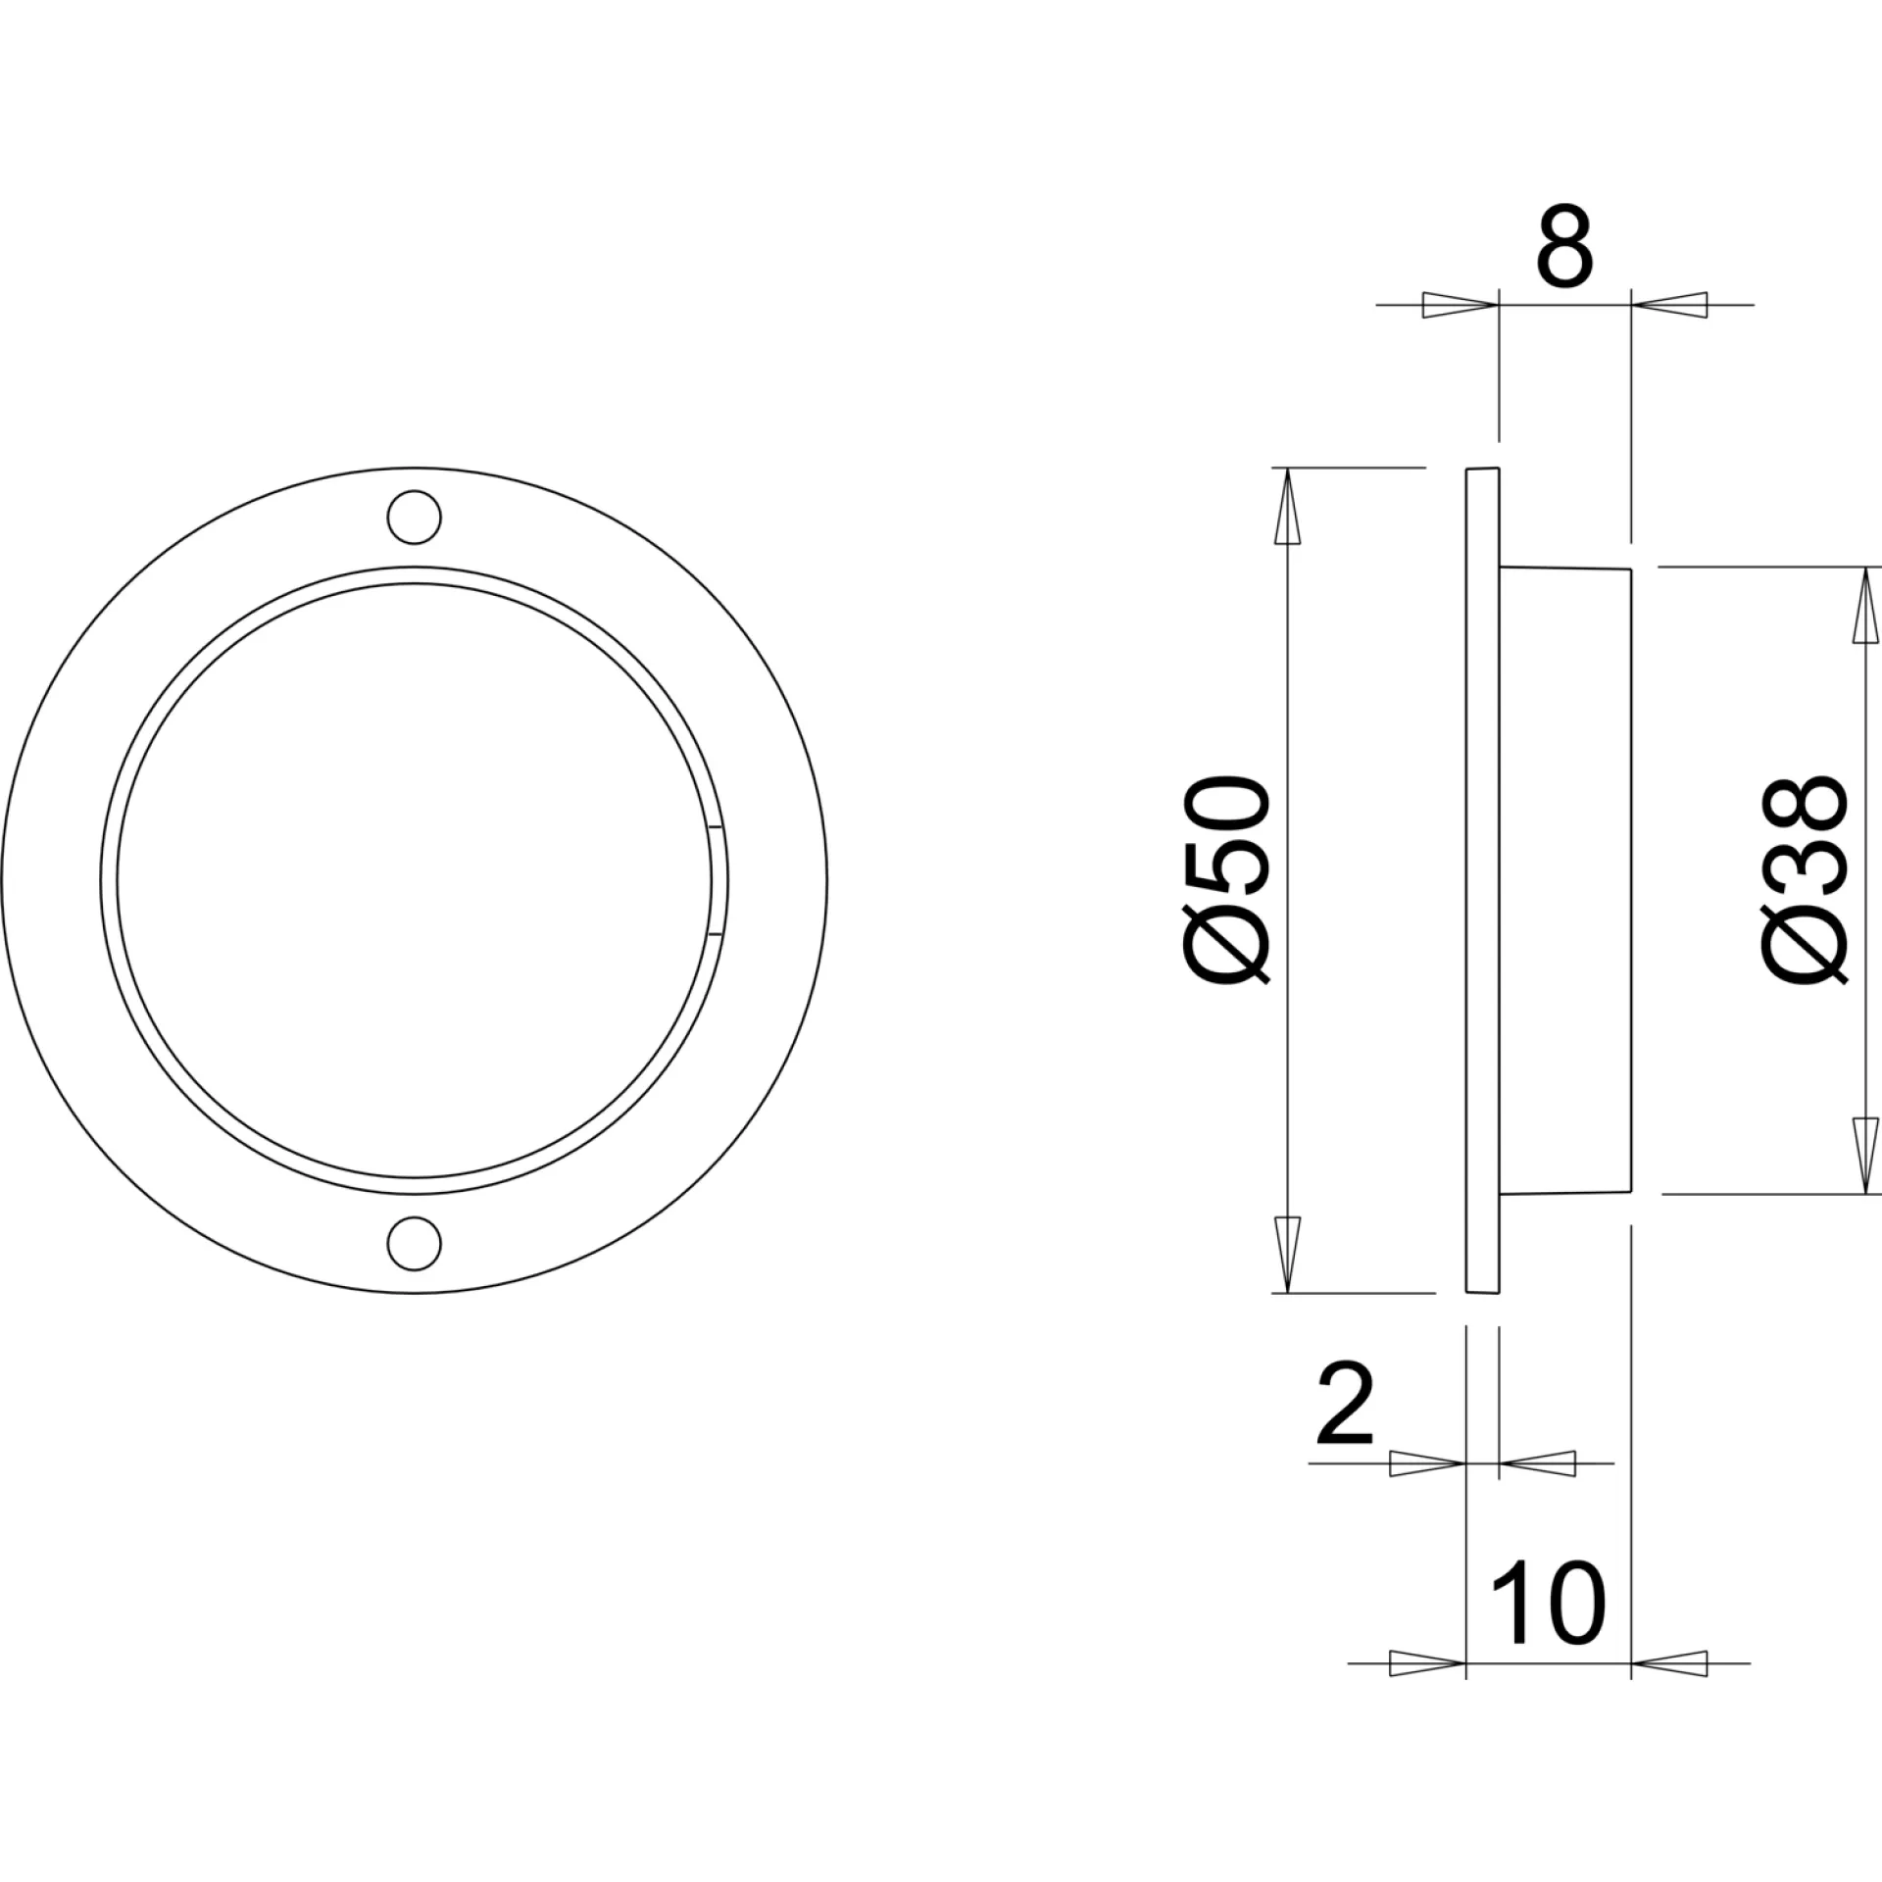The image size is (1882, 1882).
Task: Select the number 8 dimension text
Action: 1564,246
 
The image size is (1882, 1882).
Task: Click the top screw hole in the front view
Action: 414,517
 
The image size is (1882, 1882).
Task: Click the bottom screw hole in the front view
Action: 414,1243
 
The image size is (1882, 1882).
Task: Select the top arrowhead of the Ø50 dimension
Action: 1287,506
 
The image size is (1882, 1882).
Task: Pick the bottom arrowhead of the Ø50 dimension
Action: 1287,1255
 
